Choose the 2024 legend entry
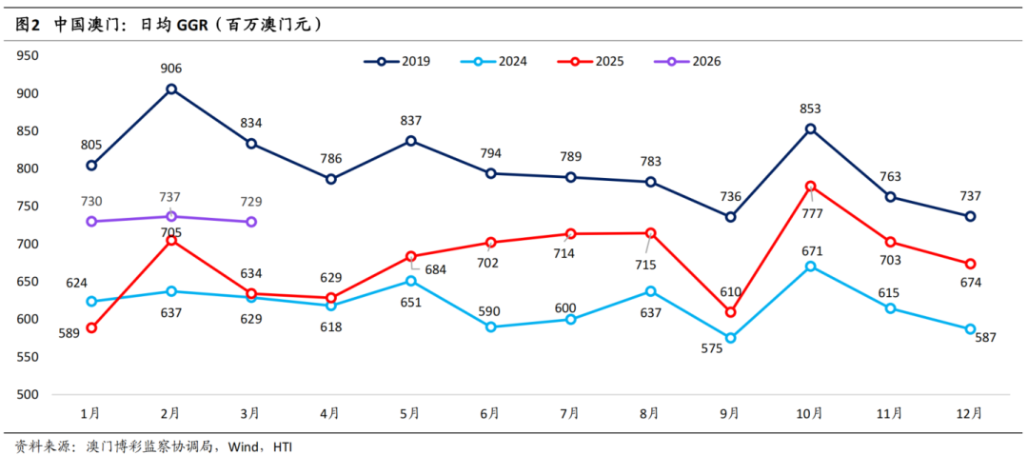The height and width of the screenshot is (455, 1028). click(x=494, y=61)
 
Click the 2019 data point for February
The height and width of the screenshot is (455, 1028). click(x=171, y=89)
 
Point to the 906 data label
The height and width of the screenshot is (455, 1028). click(x=171, y=69)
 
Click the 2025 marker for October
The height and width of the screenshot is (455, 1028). click(x=811, y=186)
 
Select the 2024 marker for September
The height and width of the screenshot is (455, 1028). click(x=731, y=338)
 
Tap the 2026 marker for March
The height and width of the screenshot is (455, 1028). click(x=251, y=222)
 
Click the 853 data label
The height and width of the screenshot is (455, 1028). click(x=811, y=109)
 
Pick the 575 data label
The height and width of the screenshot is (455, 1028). click(x=712, y=348)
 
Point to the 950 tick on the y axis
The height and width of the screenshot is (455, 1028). click(x=28, y=55)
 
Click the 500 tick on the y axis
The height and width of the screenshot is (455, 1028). click(x=28, y=394)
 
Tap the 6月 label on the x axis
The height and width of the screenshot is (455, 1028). click(x=491, y=414)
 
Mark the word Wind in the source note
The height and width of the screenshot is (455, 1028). click(x=245, y=445)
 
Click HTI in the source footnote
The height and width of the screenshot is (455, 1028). click(x=283, y=445)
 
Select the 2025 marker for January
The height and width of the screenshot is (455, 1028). click(x=91, y=327)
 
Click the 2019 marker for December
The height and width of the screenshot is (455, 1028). click(x=971, y=216)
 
